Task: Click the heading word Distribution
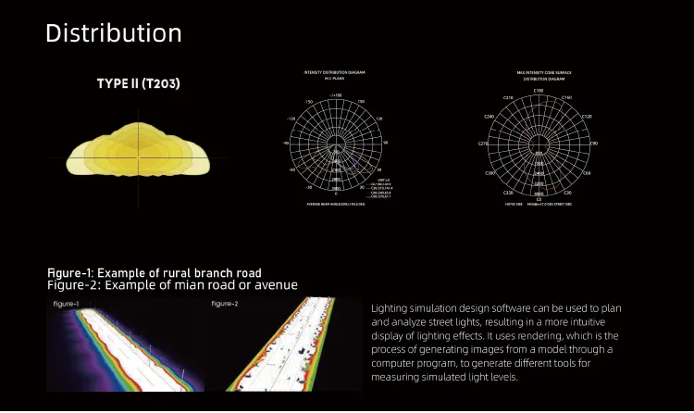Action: pyautogui.click(x=113, y=33)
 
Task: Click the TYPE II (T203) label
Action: pyautogui.click(x=138, y=84)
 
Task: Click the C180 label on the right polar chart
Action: pyautogui.click(x=539, y=91)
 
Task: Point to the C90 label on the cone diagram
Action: pyautogui.click(x=594, y=144)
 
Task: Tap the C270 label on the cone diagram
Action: pyautogui.click(x=483, y=144)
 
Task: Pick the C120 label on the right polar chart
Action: pyautogui.click(x=586, y=117)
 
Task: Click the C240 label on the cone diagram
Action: pyautogui.click(x=490, y=117)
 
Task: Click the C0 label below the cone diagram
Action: pyautogui.click(x=539, y=198)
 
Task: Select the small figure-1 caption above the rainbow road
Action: pyautogui.click(x=66, y=304)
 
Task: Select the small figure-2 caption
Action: pyautogui.click(x=225, y=304)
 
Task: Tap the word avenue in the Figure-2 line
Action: pyautogui.click(x=270, y=285)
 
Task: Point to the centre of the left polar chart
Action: pyautogui.click(x=334, y=143)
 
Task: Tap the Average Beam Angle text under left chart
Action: pyautogui.click(x=335, y=204)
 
